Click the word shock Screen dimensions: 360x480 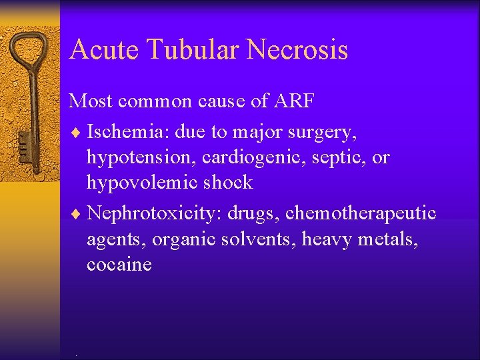229,182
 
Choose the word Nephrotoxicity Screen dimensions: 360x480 155,213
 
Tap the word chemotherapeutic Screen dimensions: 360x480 361,213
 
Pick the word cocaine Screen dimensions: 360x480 119,264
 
